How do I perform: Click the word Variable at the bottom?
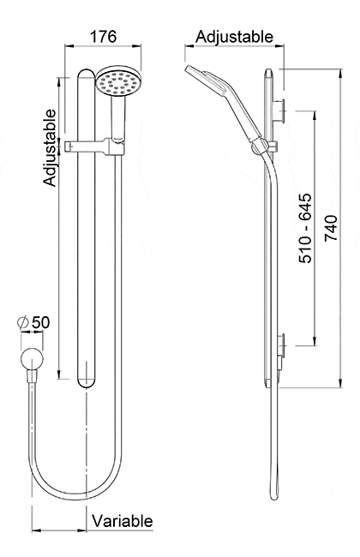pyautogui.click(x=123, y=520)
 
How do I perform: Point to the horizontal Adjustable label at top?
pyautogui.click(x=234, y=37)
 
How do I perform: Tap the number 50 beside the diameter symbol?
pyautogui.click(x=40, y=322)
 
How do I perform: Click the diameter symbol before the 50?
pyautogui.click(x=23, y=323)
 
